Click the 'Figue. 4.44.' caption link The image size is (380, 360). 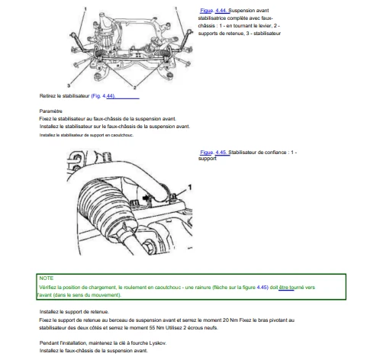pos(214,11)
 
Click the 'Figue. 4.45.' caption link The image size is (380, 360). pos(214,153)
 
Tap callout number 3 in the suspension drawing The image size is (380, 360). pos(69,85)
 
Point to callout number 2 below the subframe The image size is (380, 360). pos(134,88)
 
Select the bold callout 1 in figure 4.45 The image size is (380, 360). pos(189,188)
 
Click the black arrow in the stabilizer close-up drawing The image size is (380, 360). pos(146,198)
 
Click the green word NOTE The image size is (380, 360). pos(47,278)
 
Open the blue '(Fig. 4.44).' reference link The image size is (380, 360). pos(103,96)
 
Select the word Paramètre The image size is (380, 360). pos(50,111)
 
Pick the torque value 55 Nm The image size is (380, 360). pos(156,328)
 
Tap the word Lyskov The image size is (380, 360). pos(158,343)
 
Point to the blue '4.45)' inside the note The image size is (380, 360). pos(262,288)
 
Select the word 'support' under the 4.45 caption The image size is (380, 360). pos(208,159)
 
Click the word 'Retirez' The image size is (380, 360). pos(47,96)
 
